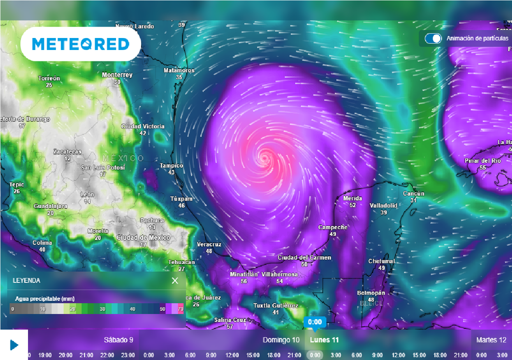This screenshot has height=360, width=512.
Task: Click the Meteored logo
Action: pos(80,44)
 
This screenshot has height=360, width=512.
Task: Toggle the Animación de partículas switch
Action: pos(433,38)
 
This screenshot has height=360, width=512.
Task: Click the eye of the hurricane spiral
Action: pos(263,158)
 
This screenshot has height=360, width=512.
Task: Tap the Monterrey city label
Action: pos(117,75)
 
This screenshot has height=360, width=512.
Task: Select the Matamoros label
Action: pos(179,70)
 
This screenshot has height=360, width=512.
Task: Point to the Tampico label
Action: pos(171,165)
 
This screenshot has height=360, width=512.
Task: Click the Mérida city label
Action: pos(352,198)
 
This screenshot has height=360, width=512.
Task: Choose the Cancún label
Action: pos(413,193)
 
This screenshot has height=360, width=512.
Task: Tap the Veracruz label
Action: pos(209,244)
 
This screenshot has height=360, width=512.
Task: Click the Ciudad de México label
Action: pos(143,237)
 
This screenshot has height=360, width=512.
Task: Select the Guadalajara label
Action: pos(50,206)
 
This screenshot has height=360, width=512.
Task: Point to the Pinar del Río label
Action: pos(482,161)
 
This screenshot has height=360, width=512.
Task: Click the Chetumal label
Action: pos(381,261)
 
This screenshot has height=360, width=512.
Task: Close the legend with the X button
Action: pos(175,280)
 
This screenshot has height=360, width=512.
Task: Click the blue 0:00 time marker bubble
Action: pos(315,321)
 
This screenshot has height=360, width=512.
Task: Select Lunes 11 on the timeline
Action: pos(324,340)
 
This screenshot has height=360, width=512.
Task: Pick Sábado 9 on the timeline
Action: pos(118,340)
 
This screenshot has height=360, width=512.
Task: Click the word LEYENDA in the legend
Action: pos(26,281)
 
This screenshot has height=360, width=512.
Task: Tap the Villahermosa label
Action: pos(279,274)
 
